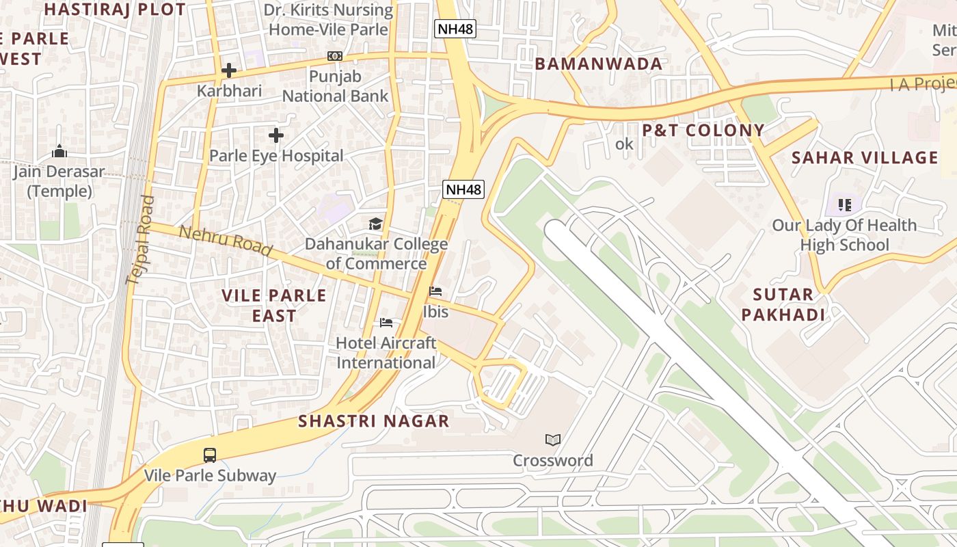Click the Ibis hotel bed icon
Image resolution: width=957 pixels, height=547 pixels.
[x=435, y=291]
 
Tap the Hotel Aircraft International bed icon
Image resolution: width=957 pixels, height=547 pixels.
[x=386, y=323]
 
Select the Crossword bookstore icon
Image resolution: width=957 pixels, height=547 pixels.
[x=553, y=440]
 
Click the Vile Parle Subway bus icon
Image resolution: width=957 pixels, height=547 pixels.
[x=210, y=455]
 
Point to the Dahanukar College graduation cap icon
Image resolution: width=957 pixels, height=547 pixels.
[x=375, y=224]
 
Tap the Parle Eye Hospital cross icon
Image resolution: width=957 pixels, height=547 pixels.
[x=276, y=135]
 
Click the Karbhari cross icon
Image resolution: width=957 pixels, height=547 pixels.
[x=229, y=70]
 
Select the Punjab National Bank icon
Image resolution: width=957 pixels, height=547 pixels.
[x=335, y=56]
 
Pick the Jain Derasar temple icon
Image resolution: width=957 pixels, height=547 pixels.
[x=59, y=151]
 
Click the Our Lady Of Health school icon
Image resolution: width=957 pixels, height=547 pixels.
[x=844, y=204]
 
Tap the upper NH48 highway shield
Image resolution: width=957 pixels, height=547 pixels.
[x=455, y=29]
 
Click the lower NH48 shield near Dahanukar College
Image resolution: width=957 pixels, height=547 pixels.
[x=463, y=189]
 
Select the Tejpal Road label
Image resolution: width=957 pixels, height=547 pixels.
[x=140, y=240]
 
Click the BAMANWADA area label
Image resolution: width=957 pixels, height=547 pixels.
[x=599, y=64]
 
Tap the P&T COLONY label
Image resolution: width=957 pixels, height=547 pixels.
[x=703, y=131]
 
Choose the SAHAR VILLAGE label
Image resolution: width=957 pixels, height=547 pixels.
[x=865, y=158]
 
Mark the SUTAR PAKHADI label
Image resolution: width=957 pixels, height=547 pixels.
[x=783, y=305]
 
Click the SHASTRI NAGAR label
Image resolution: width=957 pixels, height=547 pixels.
[x=374, y=421]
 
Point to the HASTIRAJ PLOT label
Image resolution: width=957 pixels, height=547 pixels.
[x=115, y=10]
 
